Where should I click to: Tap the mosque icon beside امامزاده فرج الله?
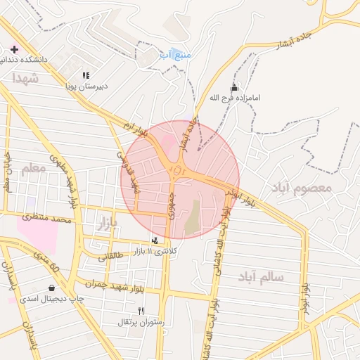point(234,88)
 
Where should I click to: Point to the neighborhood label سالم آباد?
point(260,276)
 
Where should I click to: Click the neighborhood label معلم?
point(33,168)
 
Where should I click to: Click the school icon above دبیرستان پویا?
point(86,75)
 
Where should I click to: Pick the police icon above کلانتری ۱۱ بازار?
point(155,240)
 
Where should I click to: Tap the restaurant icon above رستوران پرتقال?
point(141,311)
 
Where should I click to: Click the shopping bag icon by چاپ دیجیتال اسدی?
point(51,288)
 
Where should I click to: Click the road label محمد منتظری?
point(48,219)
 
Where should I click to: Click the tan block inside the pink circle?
point(192,219)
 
